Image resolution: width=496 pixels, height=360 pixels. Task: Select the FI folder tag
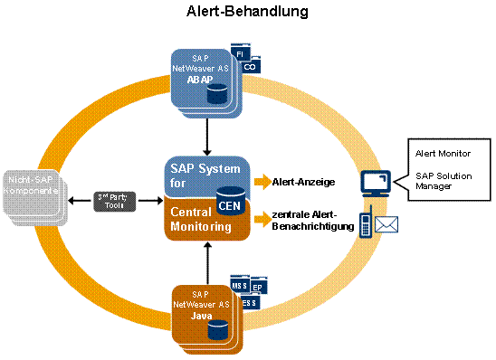point(240,54)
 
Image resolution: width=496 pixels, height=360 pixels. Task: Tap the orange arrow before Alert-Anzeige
point(262,182)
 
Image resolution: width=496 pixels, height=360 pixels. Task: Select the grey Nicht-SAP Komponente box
point(34,195)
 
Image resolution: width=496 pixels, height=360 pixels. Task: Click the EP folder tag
point(259,289)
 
